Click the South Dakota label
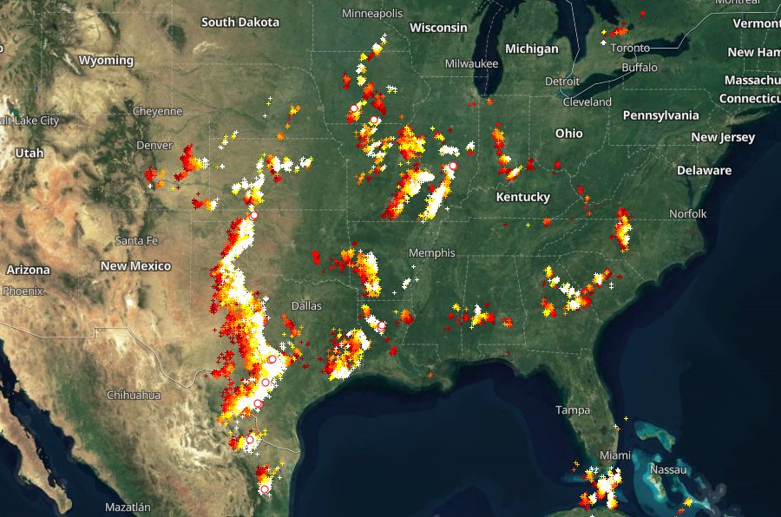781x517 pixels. click(x=240, y=22)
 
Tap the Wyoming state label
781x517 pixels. click(x=106, y=61)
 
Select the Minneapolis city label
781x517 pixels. click(x=372, y=14)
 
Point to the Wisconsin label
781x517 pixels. click(x=438, y=28)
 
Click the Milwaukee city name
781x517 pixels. click(x=471, y=64)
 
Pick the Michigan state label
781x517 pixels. click(x=532, y=49)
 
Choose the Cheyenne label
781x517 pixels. click(x=157, y=111)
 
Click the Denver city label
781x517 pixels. click(x=154, y=145)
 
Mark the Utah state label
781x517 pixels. click(x=29, y=153)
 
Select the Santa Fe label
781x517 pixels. click(x=137, y=240)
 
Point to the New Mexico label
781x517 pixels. click(x=135, y=266)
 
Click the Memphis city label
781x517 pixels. click(x=433, y=253)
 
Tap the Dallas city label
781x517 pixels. click(x=306, y=306)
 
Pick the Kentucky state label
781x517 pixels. click(x=523, y=197)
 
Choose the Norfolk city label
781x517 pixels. click(x=688, y=213)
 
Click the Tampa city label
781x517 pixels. click(x=574, y=410)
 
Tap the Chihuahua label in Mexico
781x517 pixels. click(x=134, y=395)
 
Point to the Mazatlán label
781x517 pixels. click(x=128, y=507)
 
